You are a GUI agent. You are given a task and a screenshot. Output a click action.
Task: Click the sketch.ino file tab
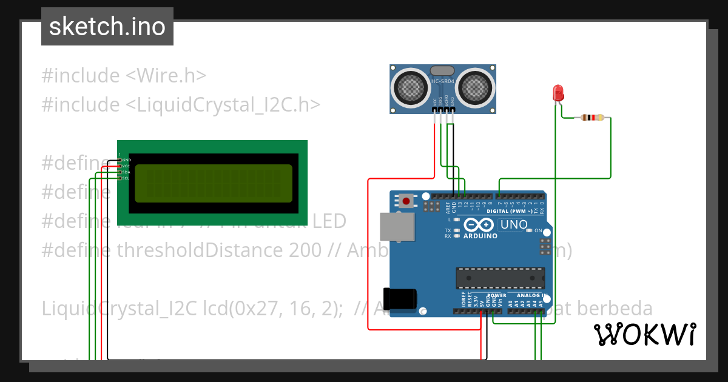click(107, 27)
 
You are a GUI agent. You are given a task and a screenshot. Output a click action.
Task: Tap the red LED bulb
click(558, 93)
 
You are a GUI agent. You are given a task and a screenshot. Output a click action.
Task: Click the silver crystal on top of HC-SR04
click(442, 72)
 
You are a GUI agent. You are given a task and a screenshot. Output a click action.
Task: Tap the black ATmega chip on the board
click(500, 277)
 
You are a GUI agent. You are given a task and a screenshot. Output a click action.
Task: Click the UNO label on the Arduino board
click(513, 225)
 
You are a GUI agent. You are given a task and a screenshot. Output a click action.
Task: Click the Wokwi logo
click(644, 334)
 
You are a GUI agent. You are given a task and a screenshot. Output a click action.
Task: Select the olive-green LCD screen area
click(213, 183)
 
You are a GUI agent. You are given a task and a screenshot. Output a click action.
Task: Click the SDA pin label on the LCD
click(126, 172)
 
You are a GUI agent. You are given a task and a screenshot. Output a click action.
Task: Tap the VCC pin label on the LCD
click(126, 166)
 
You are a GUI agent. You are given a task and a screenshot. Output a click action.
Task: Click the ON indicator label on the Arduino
click(538, 231)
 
